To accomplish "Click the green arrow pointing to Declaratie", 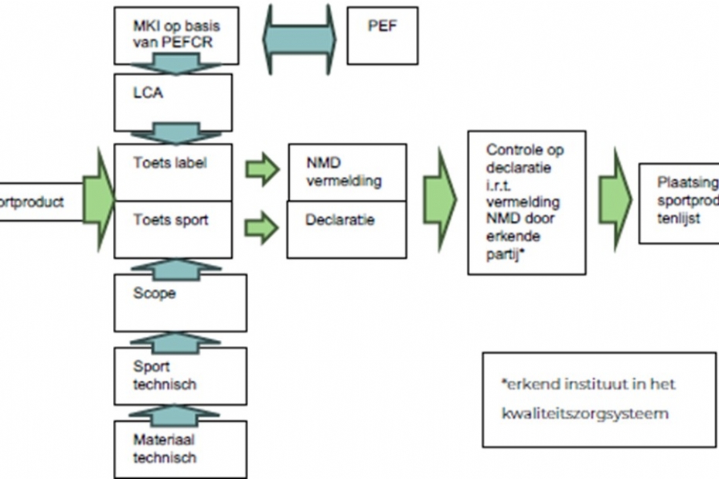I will [x=262, y=227].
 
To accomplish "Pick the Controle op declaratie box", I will [x=526, y=203].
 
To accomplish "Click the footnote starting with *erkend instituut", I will [x=599, y=399].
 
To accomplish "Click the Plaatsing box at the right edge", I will [x=679, y=202].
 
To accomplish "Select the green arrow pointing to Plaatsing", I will [x=614, y=199].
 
